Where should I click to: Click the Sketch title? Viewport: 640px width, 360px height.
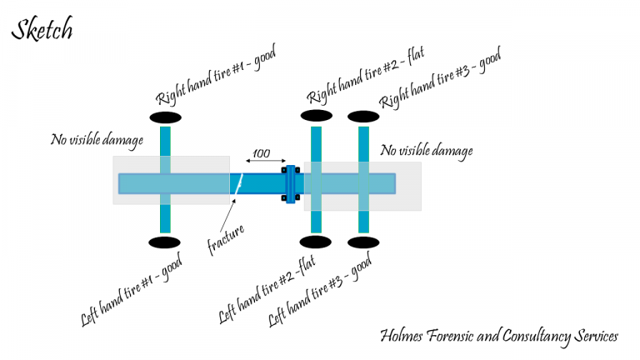tap(42, 30)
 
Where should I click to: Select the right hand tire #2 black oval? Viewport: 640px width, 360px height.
tap(316, 116)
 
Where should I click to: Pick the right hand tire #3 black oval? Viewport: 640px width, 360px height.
tap(363, 116)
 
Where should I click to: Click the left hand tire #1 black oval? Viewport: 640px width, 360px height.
tap(164, 242)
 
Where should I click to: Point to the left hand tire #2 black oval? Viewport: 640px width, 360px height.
tap(316, 242)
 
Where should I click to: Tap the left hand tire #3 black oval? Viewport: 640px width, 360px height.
tap(363, 242)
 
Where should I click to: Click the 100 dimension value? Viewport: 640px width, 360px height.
tap(262, 153)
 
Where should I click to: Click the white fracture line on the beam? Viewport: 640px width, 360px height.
tap(237, 184)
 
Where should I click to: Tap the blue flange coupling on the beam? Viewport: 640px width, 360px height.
tap(290, 184)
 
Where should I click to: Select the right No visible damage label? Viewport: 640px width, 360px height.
tap(426, 151)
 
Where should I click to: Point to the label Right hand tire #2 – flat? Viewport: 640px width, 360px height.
tap(367, 77)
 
